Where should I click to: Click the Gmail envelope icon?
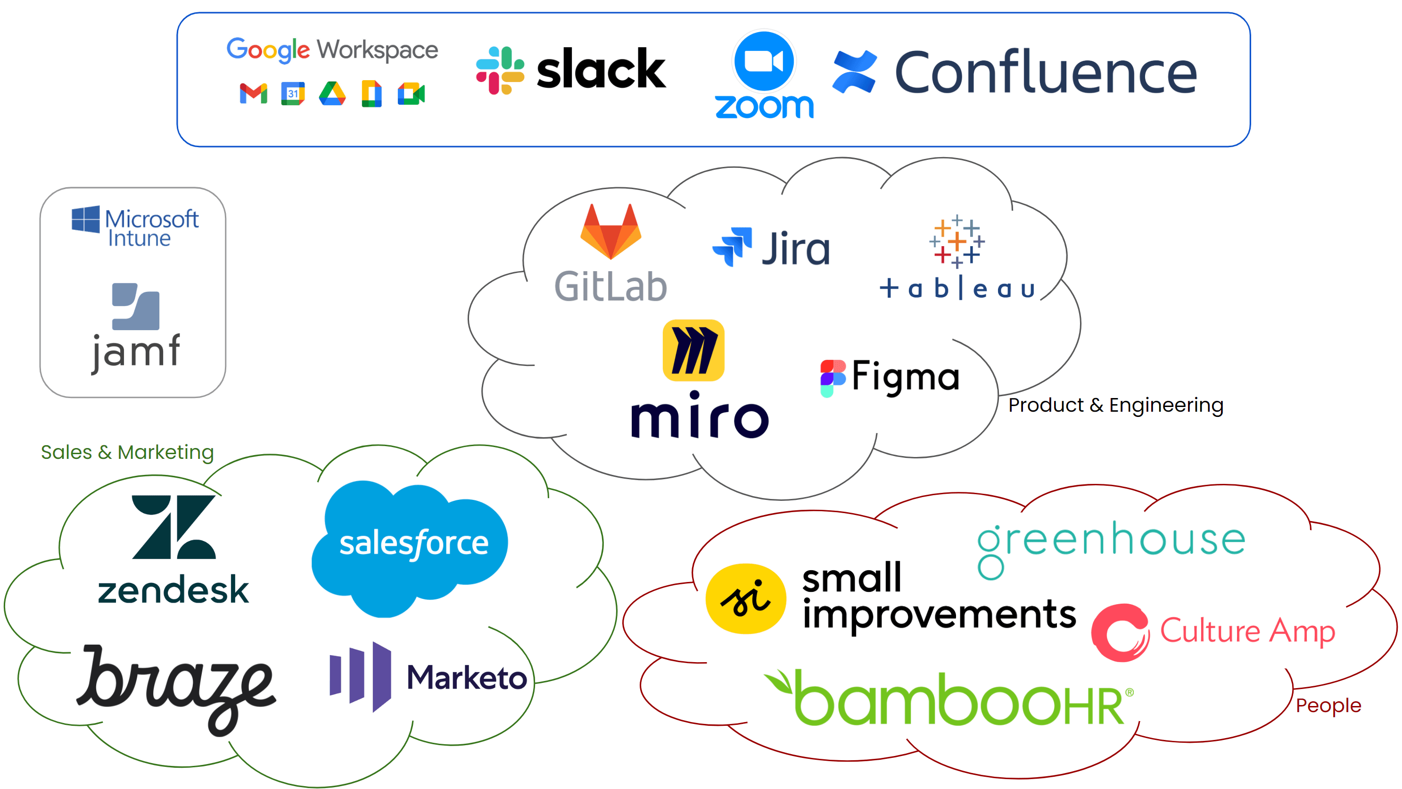coord(254,94)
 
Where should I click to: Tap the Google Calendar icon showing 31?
coord(293,94)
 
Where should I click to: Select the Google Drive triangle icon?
coord(332,94)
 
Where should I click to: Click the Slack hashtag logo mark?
coord(500,70)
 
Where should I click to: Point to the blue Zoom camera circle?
coord(764,61)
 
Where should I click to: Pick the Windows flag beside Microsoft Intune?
coord(86,219)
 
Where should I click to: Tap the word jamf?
coord(136,351)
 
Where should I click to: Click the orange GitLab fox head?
coord(610,232)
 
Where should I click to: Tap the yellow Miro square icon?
coord(693,350)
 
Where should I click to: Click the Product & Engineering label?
coord(1116,405)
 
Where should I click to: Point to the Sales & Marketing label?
coord(127,452)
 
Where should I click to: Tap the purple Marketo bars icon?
coord(360,676)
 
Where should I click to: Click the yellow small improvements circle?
coord(746,598)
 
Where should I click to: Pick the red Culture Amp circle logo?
coord(1120,633)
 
